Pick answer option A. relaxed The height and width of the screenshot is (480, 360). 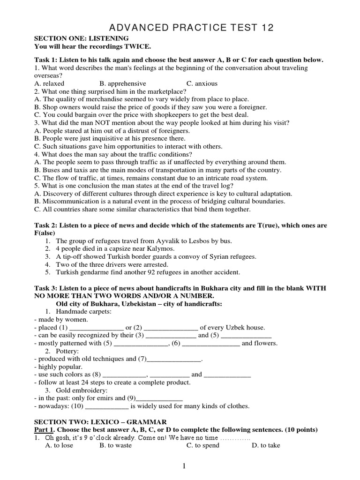49,83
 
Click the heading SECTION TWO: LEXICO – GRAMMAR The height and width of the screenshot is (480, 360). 100,422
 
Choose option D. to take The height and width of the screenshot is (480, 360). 266,445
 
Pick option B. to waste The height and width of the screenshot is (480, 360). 115,445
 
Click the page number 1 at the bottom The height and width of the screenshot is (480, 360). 184,465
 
